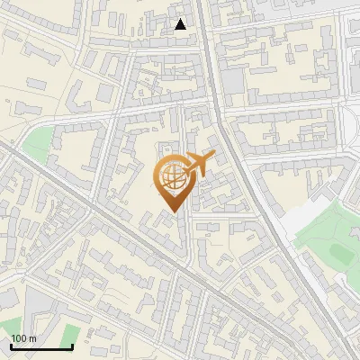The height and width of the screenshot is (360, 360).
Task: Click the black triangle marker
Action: coord(181,24)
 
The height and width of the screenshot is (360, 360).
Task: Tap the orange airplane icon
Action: coord(199,165)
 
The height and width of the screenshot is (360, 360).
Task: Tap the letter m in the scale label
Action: coord(33,338)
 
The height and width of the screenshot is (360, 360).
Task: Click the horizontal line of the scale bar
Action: coord(40,346)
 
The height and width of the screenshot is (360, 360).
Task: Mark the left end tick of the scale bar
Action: coord(10,345)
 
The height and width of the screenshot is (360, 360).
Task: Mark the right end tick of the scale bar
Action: coord(72,345)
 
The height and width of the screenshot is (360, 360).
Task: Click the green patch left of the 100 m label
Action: coord(7,325)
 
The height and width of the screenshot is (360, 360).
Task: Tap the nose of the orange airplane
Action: coord(212,157)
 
